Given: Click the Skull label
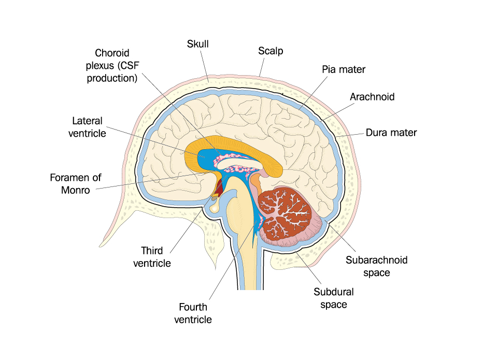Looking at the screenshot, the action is pos(198,44).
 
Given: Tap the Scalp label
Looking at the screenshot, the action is pos(271,51).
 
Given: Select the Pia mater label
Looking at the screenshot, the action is pos(344,69).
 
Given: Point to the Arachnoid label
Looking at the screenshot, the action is pos(372,97).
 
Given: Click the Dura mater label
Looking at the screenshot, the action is pos(391,133).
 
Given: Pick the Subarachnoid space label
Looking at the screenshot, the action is pos(376,266).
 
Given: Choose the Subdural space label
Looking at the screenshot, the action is pos(334,298).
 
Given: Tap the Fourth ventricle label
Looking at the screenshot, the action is pos(193,313).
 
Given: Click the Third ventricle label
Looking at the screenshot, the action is pos(152,257).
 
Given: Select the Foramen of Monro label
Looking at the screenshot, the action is pos(76,184).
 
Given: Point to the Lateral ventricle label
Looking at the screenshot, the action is pos(87,127).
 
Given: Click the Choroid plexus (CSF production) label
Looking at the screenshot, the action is pos(112,65).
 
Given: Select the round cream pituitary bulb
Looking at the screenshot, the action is pos(215,208).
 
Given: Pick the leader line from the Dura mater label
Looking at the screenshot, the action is pos(350,135).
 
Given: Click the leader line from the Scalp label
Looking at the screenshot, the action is pos(262,67).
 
